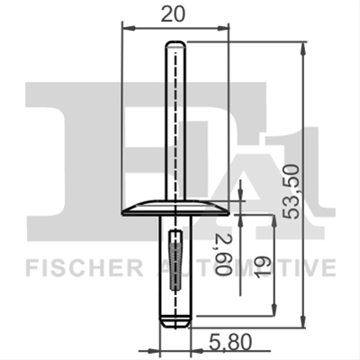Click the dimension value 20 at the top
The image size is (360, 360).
tap(173, 14)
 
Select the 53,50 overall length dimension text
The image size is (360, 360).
tap(292, 192)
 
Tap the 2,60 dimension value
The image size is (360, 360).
tap(224, 254)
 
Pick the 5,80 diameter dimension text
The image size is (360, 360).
tap(230, 343)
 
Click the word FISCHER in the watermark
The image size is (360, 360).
tap(84, 268)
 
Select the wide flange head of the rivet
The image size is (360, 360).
tap(175, 208)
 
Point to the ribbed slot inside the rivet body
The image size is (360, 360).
tap(175, 260)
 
